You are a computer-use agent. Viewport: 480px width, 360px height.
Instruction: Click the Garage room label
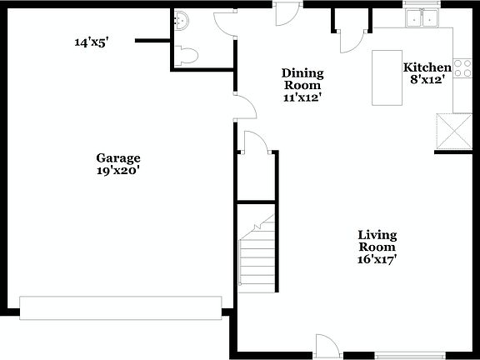(117, 158)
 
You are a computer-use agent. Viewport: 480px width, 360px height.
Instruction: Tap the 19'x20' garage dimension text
(117, 171)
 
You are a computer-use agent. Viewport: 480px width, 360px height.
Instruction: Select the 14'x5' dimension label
(92, 42)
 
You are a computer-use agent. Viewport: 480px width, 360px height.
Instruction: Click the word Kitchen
(427, 67)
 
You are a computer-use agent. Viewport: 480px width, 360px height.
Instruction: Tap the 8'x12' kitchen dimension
(427, 80)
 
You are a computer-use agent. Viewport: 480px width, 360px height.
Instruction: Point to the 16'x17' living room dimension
(377, 259)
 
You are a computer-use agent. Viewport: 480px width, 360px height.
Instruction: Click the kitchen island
(386, 77)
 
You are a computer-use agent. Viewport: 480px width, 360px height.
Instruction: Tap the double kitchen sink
(422, 18)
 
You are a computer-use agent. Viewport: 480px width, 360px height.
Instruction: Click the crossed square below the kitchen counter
(455, 132)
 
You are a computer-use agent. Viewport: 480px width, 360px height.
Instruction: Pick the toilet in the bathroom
(188, 55)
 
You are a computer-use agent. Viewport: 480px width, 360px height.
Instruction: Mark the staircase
(257, 254)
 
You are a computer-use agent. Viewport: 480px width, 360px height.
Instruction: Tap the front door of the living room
(326, 347)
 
